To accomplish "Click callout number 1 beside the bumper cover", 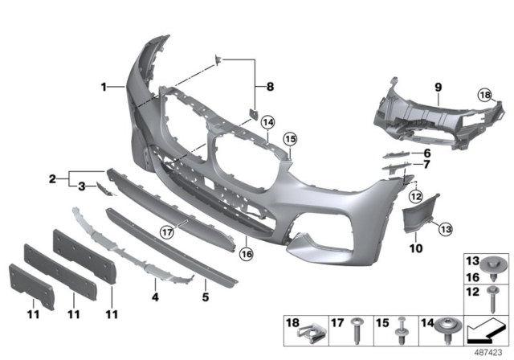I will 104,86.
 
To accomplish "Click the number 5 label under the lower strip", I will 205,297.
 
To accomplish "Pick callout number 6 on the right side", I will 426,153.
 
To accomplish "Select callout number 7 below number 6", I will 426,165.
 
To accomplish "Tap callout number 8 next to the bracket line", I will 270,86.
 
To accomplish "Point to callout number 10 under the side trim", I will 415,249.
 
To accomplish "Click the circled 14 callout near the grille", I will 267,122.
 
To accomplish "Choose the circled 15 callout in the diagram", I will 290,137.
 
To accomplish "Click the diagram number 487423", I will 487,351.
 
